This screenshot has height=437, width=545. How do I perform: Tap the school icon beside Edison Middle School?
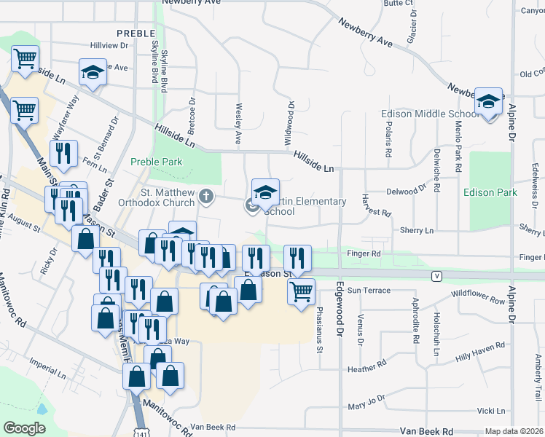488,101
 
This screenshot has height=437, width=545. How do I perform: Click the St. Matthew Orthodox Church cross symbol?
207,195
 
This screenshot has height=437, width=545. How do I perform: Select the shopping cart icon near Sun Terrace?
301,292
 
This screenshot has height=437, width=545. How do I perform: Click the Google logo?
23,428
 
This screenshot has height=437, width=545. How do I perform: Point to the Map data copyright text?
514,431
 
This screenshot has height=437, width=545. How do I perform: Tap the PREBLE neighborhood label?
136,34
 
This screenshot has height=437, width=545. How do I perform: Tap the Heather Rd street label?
365,369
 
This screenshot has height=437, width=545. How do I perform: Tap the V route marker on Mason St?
436,276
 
